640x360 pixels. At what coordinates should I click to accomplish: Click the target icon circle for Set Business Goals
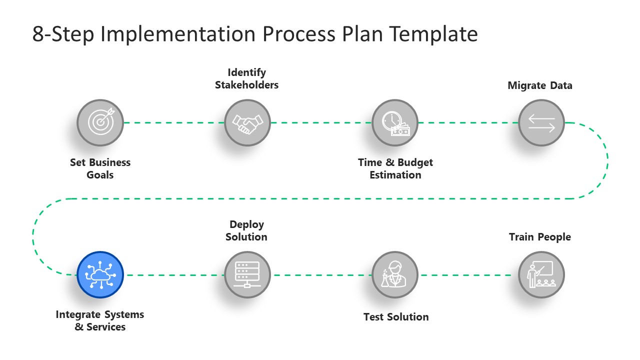tap(100, 122)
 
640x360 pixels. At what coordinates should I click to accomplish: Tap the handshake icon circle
tap(247, 122)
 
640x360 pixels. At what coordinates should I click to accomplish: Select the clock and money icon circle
tap(395, 122)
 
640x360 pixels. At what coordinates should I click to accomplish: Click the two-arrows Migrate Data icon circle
tap(541, 122)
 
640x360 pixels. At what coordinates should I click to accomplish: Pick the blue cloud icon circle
tap(100, 274)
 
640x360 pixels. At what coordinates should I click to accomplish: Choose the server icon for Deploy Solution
tap(247, 274)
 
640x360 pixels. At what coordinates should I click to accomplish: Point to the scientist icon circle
tap(395, 274)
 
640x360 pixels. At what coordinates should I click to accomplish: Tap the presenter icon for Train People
tap(541, 274)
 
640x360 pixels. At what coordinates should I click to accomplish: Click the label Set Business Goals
tap(100, 168)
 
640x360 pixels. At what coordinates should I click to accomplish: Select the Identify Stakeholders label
tap(246, 78)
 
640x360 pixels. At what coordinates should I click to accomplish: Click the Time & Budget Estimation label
tap(395, 168)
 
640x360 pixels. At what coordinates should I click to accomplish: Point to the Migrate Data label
tap(539, 85)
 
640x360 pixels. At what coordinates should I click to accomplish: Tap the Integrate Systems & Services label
tap(100, 320)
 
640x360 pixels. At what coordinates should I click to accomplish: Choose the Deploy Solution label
tap(246, 230)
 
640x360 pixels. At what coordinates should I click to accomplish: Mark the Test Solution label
tap(395, 316)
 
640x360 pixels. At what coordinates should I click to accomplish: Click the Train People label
tap(539, 237)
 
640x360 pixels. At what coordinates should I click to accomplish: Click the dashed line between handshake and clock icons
tap(321, 122)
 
